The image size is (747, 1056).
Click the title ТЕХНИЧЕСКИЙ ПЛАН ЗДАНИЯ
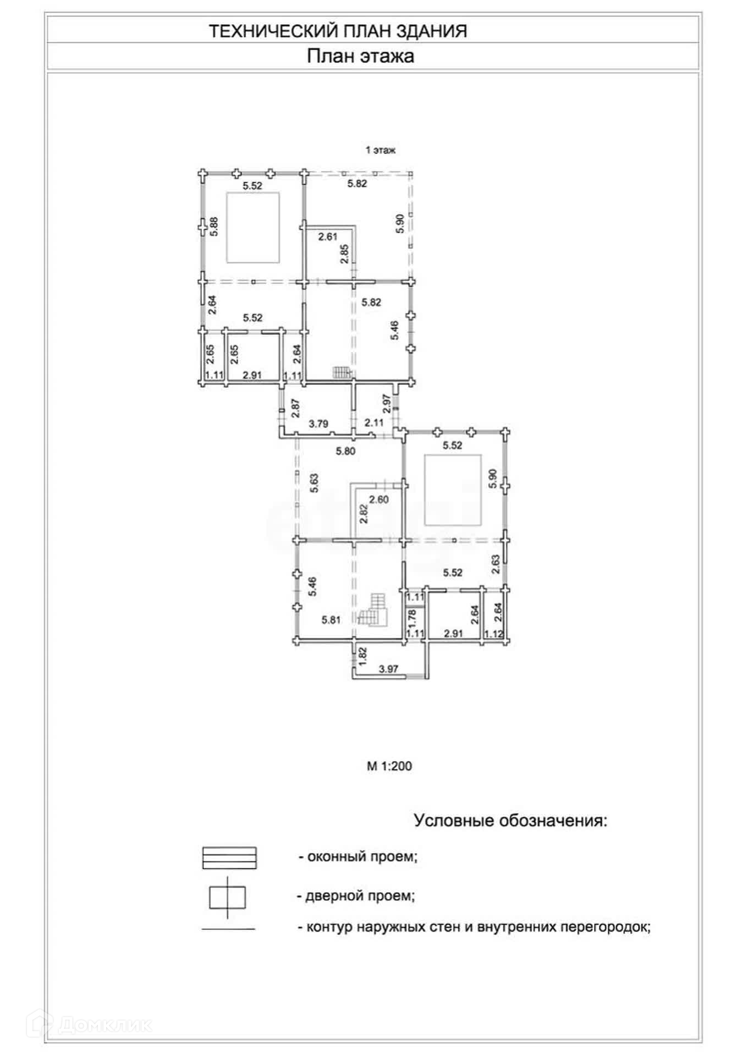338,31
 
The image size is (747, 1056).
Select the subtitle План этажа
360,57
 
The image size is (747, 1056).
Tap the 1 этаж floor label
381,150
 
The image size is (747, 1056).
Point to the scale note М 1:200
389,766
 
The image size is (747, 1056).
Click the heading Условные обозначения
510,821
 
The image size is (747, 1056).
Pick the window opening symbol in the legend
229,857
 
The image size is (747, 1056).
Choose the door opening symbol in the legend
227,898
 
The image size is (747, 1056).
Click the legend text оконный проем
358,856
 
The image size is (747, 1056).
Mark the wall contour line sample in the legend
228,929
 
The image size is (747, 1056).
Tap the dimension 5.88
215,227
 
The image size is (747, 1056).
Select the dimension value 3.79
318,424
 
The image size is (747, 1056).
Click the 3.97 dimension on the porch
388,669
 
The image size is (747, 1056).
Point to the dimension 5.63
314,483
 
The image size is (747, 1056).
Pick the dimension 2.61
328,237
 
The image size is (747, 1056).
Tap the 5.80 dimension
345,451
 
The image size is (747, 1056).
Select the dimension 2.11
374,422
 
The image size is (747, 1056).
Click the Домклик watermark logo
92,1024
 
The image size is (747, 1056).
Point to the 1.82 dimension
362,654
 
